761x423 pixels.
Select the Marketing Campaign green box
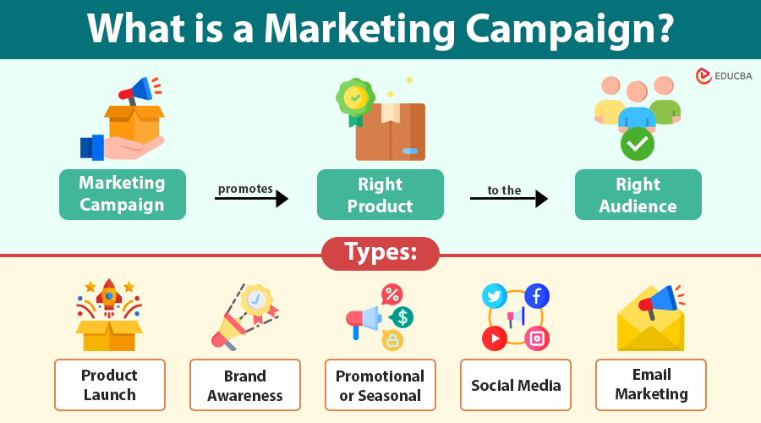click(123, 195)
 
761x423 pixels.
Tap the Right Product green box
click(380, 195)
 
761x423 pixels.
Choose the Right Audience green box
click(638, 195)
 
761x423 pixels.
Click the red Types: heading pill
click(380, 253)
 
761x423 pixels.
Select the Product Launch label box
click(110, 385)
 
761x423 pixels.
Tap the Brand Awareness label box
click(245, 385)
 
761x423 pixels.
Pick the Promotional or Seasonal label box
click(380, 385)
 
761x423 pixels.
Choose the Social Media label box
click(516, 385)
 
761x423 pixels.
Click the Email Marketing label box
click(651, 384)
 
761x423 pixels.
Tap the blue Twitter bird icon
click(495, 296)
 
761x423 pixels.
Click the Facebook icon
click(537, 295)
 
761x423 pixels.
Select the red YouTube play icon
click(495, 338)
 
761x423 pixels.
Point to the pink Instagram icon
click(537, 338)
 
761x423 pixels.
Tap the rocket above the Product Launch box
click(109, 297)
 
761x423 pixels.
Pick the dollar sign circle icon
click(402, 317)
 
